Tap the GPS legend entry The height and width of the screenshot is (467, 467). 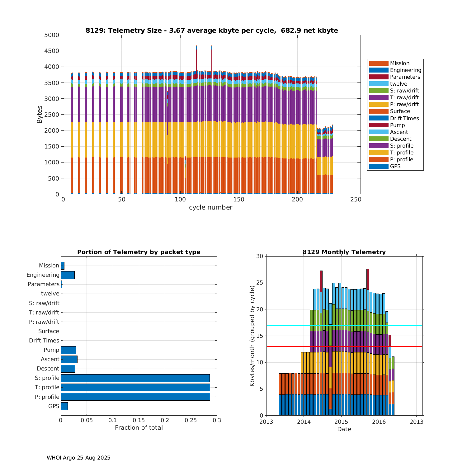coord(395,166)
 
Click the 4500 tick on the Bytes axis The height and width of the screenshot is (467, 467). coord(52,51)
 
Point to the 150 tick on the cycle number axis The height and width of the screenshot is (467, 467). coord(238,200)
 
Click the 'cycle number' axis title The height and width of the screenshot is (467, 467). coord(210,207)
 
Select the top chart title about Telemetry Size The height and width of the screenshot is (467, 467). coord(212,31)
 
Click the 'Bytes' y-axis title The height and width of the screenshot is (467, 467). coord(40,115)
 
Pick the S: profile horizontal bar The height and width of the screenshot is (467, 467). coord(135,378)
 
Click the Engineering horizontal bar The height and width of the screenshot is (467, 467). coord(68,275)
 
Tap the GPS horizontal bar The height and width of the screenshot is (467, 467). coord(64,406)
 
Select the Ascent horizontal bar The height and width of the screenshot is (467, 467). coord(69,359)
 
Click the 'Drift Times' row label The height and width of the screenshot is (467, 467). coord(44,341)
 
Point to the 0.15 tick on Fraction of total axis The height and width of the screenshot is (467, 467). coord(139,420)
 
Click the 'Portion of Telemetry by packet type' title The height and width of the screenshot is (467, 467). coord(139,252)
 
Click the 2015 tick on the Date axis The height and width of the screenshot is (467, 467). coord(341,422)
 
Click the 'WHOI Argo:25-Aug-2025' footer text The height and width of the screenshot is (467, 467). coord(78,458)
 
